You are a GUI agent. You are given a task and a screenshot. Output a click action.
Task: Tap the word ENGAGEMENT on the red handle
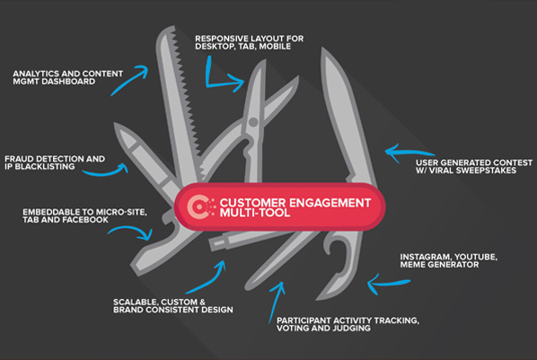click(x=330, y=203)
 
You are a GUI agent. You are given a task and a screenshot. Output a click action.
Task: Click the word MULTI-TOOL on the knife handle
click(x=255, y=213)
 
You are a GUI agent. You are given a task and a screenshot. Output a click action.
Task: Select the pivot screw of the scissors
click(x=253, y=121)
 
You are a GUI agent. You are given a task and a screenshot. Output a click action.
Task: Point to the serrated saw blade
click(x=178, y=102)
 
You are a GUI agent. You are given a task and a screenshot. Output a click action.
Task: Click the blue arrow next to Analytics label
click(x=129, y=80)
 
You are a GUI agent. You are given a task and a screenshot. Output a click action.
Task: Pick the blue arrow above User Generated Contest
click(x=409, y=152)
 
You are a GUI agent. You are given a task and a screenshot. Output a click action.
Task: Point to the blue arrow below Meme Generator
click(x=389, y=284)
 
